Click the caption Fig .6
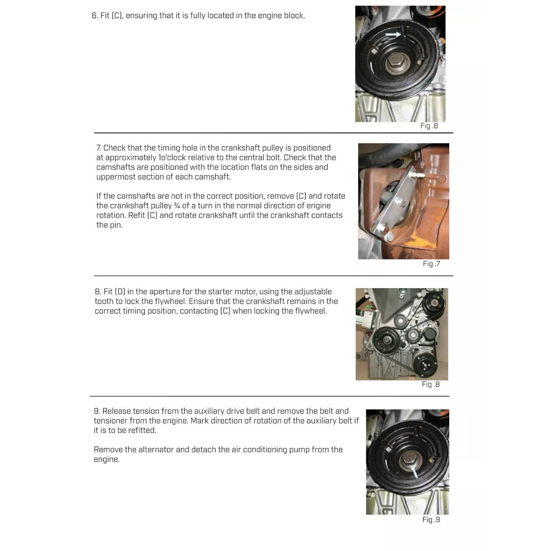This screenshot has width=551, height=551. [429, 126]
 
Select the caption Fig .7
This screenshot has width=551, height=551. [431, 264]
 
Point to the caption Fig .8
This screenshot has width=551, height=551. [431, 384]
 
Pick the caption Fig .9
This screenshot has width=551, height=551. [431, 520]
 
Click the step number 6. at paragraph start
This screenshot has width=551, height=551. [95, 15]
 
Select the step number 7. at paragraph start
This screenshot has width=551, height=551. [99, 148]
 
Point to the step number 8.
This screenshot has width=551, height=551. [98, 292]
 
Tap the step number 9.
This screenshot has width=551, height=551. [97, 411]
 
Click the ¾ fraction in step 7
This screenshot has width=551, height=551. [177, 206]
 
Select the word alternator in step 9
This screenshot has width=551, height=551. [156, 450]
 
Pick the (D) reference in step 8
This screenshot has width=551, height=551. [120, 292]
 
